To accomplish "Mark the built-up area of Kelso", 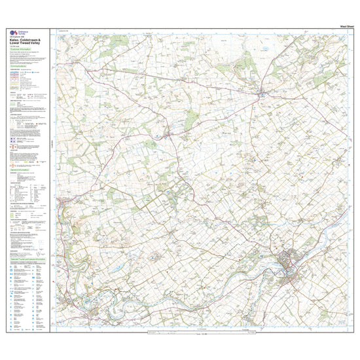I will point(288,265).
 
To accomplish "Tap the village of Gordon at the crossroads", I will point(169,134).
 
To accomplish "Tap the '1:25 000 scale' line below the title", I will point(14,47).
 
